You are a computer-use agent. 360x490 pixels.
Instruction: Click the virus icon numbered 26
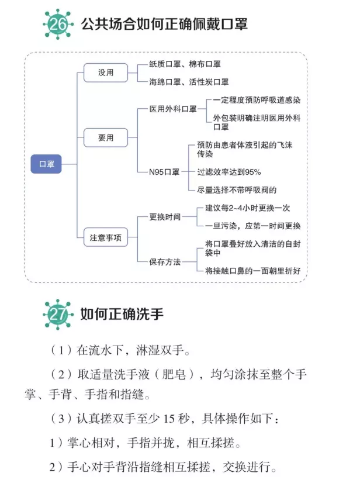(x=58, y=24)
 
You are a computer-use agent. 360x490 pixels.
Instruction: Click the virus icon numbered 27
(x=58, y=314)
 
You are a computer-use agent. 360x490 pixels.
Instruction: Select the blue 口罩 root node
(x=46, y=164)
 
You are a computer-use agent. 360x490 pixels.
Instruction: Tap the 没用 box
(x=106, y=73)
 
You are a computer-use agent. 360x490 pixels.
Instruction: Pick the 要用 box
(x=106, y=137)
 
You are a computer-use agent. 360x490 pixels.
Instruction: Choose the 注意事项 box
(x=106, y=237)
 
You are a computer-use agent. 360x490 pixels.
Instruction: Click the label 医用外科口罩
(x=173, y=109)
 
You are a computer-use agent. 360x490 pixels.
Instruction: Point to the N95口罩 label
(x=164, y=172)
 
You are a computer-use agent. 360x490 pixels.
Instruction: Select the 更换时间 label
(x=165, y=217)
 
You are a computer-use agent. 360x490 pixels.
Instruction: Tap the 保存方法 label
(x=165, y=262)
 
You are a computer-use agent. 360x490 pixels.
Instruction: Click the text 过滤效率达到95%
(x=229, y=172)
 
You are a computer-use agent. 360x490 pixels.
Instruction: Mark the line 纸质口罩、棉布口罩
(x=185, y=64)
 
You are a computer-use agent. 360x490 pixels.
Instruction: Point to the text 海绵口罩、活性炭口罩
(x=189, y=82)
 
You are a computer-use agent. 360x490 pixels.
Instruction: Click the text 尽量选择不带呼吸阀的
(x=237, y=190)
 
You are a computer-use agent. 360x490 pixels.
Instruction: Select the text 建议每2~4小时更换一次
(x=248, y=208)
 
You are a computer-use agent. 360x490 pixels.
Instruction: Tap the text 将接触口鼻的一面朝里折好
(x=253, y=271)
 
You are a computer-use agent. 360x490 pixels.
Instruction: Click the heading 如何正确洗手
(x=122, y=314)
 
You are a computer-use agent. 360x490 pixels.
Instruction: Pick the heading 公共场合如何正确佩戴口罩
(x=165, y=24)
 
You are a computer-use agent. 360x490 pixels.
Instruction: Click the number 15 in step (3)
(x=168, y=419)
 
